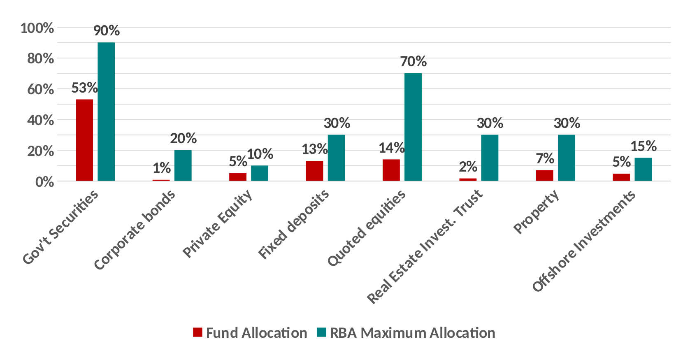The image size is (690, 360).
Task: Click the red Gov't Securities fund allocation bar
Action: coord(84,140)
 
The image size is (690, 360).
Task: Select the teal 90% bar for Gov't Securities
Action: coord(106,111)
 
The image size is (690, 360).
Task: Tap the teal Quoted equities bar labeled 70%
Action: coord(413,127)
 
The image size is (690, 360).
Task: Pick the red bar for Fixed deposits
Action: coord(314,171)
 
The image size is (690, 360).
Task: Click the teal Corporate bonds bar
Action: coord(183,165)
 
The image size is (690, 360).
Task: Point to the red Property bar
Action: coord(544,175)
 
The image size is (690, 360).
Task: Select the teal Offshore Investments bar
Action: coord(643,170)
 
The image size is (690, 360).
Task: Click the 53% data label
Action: coord(84,88)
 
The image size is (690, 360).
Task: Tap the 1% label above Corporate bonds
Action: coord(162,168)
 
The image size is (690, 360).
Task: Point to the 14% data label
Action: coord(391,148)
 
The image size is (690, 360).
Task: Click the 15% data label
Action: coord(643,146)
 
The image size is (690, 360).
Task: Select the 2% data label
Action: coord(468,167)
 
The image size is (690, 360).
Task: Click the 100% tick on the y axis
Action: coord(37,28)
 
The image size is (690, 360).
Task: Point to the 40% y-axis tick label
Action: coord(40,120)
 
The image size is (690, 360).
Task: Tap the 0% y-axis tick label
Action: coord(44,182)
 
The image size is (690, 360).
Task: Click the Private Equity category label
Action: coord(217,224)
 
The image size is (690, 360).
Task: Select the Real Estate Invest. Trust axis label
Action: coord(425,246)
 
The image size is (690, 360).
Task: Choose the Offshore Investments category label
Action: coord(583,242)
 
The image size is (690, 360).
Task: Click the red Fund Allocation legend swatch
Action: coord(197,332)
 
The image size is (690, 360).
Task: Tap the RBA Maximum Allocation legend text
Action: coord(412,332)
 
